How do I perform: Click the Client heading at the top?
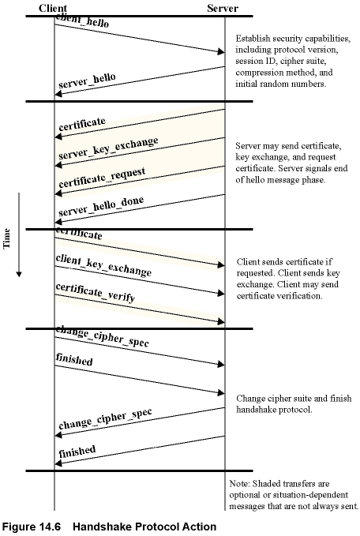[53, 8]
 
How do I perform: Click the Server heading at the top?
[223, 8]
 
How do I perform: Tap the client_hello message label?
[82, 21]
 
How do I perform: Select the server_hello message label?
[87, 81]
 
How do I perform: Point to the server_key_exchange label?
[108, 148]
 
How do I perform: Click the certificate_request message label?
[102, 178]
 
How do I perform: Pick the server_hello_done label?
[101, 206]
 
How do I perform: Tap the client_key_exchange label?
[103, 265]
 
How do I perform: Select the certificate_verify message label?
[96, 293]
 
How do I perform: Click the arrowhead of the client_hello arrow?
[221, 51]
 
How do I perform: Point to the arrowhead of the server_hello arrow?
[58, 93]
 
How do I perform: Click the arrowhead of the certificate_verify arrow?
[221, 321]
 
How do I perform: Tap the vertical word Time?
[6, 238]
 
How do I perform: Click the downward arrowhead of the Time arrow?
[19, 274]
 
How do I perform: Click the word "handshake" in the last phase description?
[255, 410]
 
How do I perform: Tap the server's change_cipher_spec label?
[105, 418]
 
